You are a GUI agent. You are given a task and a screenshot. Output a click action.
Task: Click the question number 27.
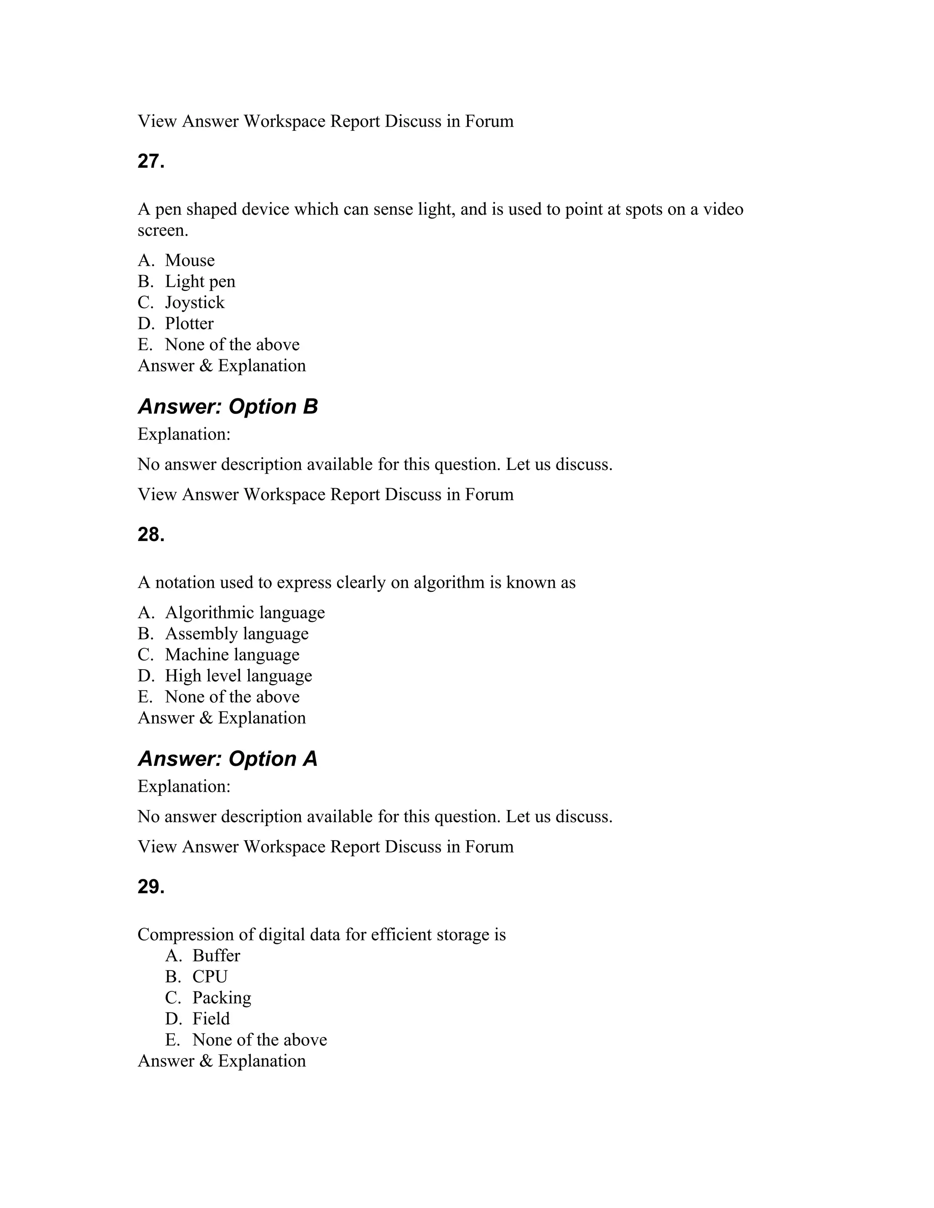pyautogui.click(x=151, y=161)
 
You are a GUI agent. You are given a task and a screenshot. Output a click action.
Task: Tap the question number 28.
pyautogui.click(x=151, y=535)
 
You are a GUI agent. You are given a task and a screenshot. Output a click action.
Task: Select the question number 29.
pyautogui.click(x=151, y=887)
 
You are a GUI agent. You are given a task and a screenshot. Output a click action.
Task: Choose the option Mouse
pyautogui.click(x=189, y=260)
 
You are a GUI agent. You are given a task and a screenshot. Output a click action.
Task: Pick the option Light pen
pyautogui.click(x=200, y=282)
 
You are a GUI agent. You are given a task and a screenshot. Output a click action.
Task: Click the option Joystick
pyautogui.click(x=194, y=303)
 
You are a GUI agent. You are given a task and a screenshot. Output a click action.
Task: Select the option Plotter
pyautogui.click(x=189, y=324)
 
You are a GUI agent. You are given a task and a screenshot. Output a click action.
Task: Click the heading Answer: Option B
pyautogui.click(x=228, y=407)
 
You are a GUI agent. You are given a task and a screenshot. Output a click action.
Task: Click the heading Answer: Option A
pyautogui.click(x=228, y=759)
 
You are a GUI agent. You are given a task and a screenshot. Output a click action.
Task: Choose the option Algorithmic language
pyautogui.click(x=244, y=613)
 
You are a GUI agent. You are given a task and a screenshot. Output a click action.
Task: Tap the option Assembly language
pyautogui.click(x=236, y=634)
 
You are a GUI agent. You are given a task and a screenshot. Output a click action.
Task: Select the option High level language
pyautogui.click(x=238, y=676)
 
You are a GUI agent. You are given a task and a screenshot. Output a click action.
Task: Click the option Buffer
pyautogui.click(x=216, y=956)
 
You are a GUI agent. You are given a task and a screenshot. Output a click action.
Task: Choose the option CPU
pyautogui.click(x=210, y=977)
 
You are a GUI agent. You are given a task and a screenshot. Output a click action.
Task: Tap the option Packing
pyautogui.click(x=221, y=998)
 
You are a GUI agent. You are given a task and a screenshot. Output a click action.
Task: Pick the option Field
pyautogui.click(x=211, y=1019)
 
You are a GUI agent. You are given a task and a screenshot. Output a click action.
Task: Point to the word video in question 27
pyautogui.click(x=723, y=210)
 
